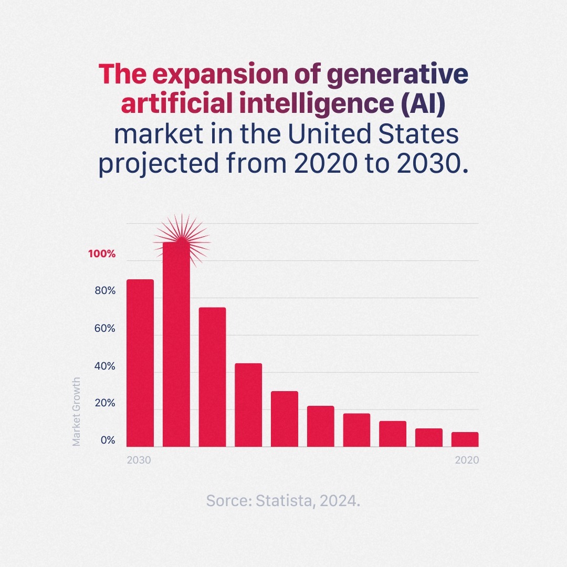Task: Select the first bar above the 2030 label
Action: [140, 363]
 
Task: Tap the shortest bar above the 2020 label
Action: [465, 439]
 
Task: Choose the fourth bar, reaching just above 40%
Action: [248, 405]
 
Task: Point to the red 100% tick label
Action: [101, 254]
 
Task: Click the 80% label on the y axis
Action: [104, 291]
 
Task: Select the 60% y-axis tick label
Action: [104, 329]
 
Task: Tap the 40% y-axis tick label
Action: [104, 366]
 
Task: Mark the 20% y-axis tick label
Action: [104, 404]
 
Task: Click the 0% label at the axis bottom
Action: [108, 440]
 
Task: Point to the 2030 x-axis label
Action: [139, 460]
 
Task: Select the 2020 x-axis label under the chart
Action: [467, 460]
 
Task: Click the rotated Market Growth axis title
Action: [77, 412]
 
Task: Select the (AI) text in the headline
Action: [423, 104]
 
